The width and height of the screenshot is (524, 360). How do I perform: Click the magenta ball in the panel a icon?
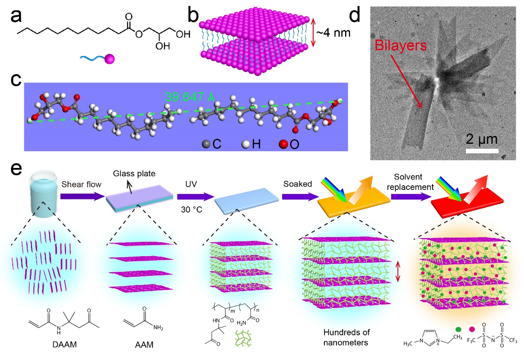[x=108, y=60]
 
